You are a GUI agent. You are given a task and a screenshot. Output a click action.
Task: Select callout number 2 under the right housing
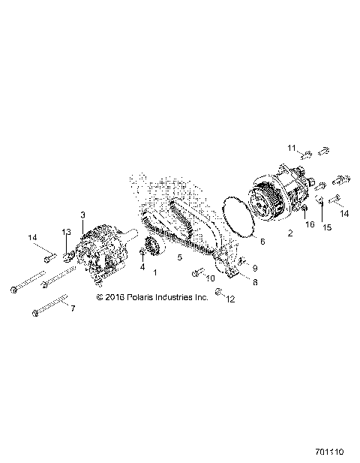pyautogui.click(x=290, y=233)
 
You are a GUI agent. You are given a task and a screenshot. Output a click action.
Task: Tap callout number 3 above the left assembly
pyautogui.click(x=82, y=215)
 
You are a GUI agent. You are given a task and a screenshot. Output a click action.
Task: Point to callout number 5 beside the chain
pyautogui.click(x=179, y=257)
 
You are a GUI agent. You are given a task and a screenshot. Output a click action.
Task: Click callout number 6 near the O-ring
pyautogui.click(x=262, y=241)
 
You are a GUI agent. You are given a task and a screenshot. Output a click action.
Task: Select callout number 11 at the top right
pyautogui.click(x=292, y=147)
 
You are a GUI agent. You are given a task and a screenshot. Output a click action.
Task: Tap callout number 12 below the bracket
pyautogui.click(x=231, y=299)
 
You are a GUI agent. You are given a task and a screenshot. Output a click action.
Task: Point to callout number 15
pyautogui.click(x=326, y=227)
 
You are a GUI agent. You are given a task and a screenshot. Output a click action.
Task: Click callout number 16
pyautogui.click(x=308, y=224)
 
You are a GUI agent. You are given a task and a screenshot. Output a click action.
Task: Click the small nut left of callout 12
pyautogui.click(x=217, y=293)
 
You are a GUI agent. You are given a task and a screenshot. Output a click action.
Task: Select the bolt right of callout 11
pyautogui.click(x=323, y=151)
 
